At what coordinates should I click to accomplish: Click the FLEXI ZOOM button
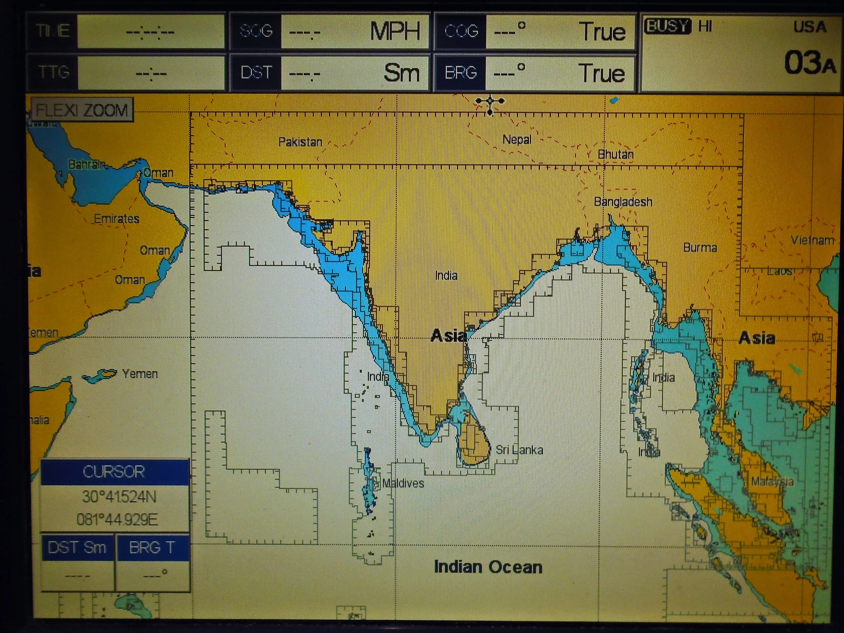tap(82, 110)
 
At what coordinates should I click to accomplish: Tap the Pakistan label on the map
tap(300, 142)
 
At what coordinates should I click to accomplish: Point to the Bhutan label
tap(616, 154)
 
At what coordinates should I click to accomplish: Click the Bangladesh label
tap(623, 201)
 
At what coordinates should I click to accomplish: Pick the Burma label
tap(700, 248)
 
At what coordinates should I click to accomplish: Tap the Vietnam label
tap(812, 240)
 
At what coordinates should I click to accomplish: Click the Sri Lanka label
tap(519, 450)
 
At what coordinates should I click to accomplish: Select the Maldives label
tap(403, 483)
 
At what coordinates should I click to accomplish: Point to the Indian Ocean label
tap(488, 567)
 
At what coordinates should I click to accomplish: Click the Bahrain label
tap(87, 164)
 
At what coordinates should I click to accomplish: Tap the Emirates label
tap(116, 219)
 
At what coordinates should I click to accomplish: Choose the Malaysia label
tap(772, 482)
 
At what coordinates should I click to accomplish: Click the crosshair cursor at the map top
tap(490, 102)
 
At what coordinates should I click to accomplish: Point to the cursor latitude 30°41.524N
tap(119, 497)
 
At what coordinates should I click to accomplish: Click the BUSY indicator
tap(667, 26)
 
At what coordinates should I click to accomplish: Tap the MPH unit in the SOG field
tap(395, 31)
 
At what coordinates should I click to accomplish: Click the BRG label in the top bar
tap(461, 73)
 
